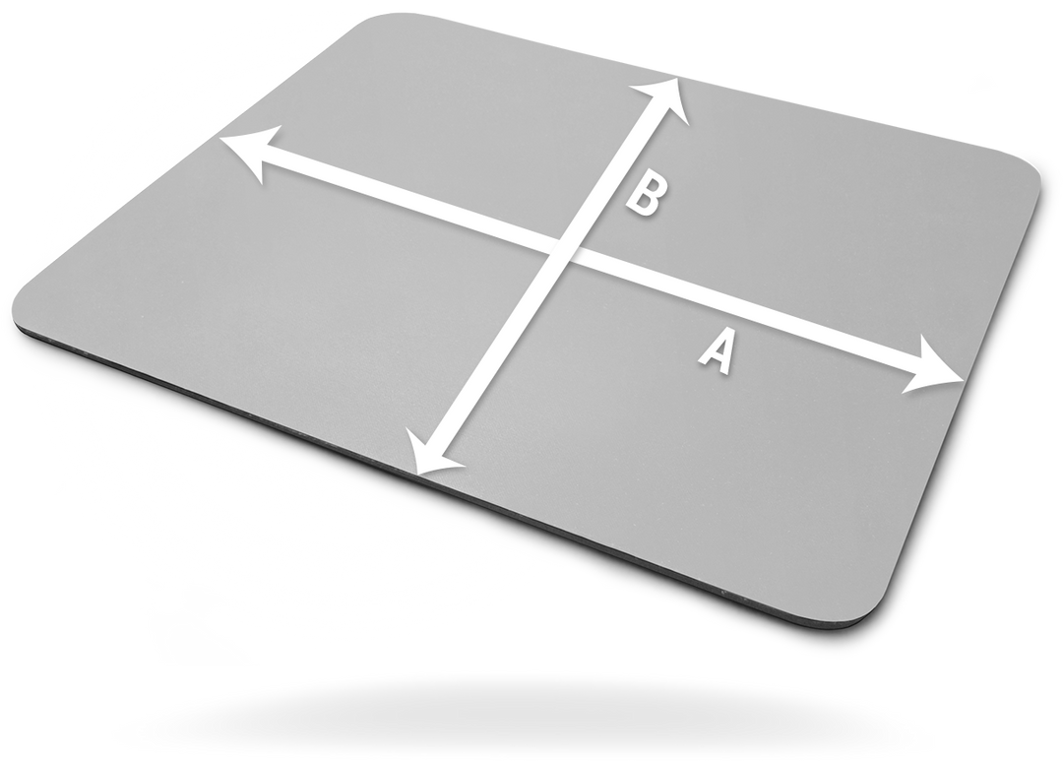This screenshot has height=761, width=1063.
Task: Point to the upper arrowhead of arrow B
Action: click(660, 99)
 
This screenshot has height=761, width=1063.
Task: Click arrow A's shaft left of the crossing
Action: click(406, 202)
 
